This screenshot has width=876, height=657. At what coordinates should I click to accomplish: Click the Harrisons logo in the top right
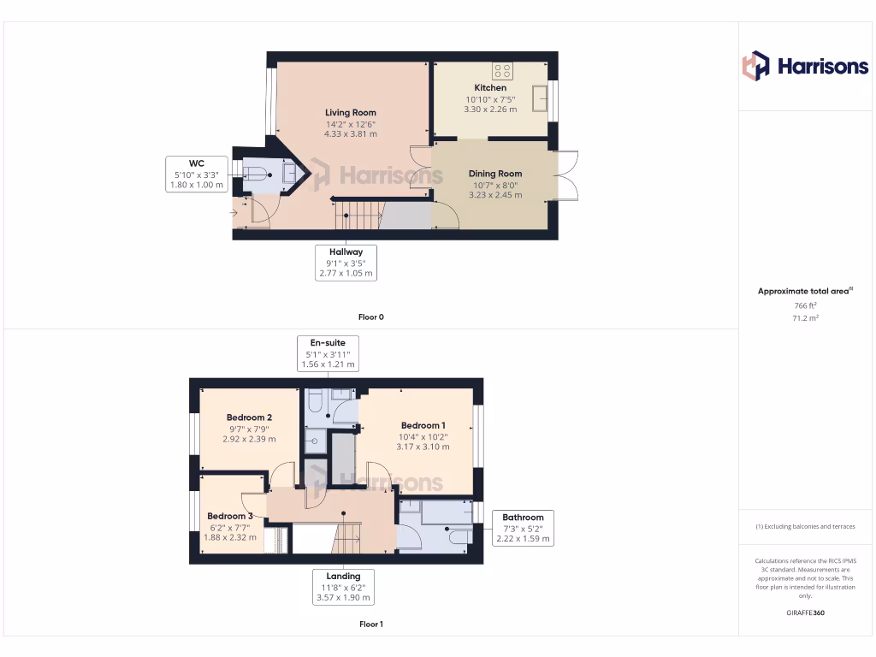point(804,66)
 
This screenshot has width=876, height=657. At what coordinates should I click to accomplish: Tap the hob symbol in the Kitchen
point(502,70)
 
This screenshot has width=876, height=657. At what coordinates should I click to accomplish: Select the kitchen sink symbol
point(540,98)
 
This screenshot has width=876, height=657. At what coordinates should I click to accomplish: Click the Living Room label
point(350,112)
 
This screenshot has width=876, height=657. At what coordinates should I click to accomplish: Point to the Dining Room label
point(495,174)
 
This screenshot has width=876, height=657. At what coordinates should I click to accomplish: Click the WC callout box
point(197,174)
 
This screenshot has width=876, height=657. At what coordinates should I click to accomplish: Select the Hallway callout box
point(346,263)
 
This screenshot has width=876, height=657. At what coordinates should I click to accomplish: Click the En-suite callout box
point(328,353)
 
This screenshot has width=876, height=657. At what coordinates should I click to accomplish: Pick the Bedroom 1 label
point(423,425)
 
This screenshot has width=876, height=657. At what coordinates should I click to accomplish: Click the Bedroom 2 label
point(249,417)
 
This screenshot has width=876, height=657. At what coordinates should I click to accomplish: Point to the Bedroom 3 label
point(230,516)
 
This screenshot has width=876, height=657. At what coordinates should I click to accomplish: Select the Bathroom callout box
point(523,528)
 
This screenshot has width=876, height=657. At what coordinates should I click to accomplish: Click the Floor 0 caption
point(370,317)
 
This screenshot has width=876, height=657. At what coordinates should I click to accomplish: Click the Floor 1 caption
point(370,624)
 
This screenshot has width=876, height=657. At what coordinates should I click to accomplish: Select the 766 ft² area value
point(805,305)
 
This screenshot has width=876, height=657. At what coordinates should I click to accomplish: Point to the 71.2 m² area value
point(805,317)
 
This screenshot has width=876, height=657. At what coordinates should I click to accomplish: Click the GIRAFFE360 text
point(805,613)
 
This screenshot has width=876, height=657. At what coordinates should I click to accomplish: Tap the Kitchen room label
point(490,87)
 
